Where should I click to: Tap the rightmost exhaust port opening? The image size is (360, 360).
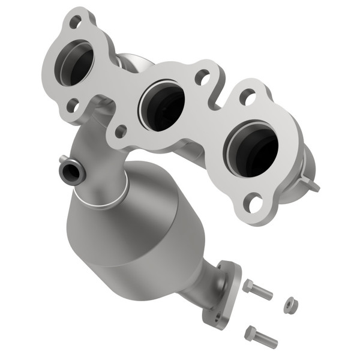pos(252,146)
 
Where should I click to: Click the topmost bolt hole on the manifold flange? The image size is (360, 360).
pos(76,22)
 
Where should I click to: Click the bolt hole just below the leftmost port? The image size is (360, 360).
pos(72,106)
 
